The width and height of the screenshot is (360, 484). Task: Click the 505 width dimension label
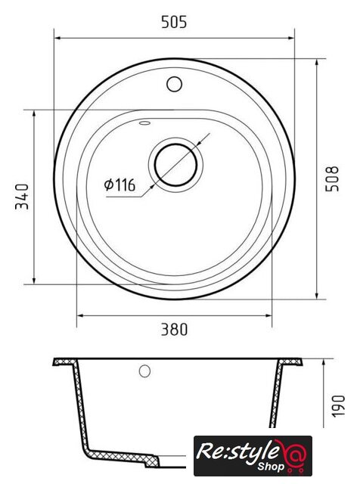[x=174, y=22]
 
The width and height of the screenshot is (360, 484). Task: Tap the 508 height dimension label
[x=332, y=178]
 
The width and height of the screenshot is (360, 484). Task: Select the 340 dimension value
[x=22, y=197]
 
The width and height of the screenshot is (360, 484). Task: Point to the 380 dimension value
[x=174, y=330]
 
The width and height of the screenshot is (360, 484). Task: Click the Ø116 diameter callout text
[x=119, y=185]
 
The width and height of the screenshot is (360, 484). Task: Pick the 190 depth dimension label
[x=338, y=405]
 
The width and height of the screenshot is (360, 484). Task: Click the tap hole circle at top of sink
[x=174, y=84]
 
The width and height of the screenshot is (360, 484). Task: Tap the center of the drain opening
[x=175, y=165]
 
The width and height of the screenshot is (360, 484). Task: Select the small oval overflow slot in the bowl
[x=144, y=123]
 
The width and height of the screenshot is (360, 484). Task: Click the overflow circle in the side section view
[x=144, y=371]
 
